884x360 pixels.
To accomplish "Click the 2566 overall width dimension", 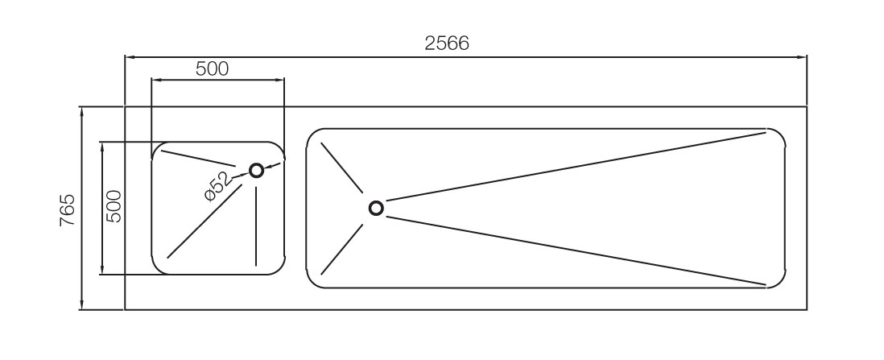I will pos(447,43).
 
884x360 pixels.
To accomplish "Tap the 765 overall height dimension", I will pos(68,209).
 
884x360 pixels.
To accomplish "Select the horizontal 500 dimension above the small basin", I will pos(212,68).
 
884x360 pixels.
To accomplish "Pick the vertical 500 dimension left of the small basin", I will pos(114,206).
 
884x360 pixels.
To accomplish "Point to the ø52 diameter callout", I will pos(217,185).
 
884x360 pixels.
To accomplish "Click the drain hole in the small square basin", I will pos(256,170).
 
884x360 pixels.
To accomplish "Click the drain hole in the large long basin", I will pos(376,208).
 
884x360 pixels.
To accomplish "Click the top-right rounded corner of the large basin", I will pos(779,134).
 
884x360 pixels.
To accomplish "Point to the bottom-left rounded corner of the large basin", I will pos(313,282).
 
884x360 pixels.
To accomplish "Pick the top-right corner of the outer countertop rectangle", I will pos(807,106).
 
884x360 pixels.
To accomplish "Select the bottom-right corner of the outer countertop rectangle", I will pos(807,309).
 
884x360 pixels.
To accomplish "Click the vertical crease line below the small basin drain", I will pos(256,226).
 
